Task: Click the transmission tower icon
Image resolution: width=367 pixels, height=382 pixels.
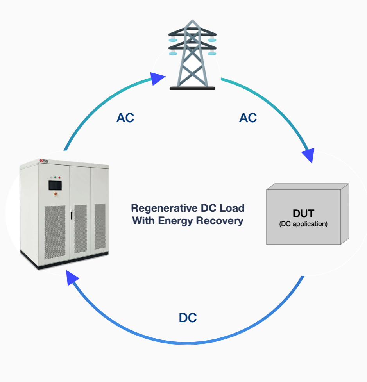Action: point(192,55)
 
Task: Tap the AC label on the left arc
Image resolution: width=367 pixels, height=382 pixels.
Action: point(125,118)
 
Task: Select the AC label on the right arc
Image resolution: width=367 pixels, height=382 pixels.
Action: point(248,118)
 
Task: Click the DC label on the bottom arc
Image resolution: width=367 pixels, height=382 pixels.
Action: point(188,318)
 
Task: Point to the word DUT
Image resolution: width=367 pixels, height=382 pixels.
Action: point(303,214)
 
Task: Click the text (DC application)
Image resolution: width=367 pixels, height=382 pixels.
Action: point(303,224)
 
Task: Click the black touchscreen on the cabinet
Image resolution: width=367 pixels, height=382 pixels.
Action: point(55,185)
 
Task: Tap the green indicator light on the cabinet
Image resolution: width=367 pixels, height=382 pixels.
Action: point(55,177)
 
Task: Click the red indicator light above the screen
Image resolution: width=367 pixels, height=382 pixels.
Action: point(59,177)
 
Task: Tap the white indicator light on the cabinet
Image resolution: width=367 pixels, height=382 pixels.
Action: point(51,177)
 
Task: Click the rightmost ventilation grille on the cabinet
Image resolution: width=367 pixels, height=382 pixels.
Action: point(100,227)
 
